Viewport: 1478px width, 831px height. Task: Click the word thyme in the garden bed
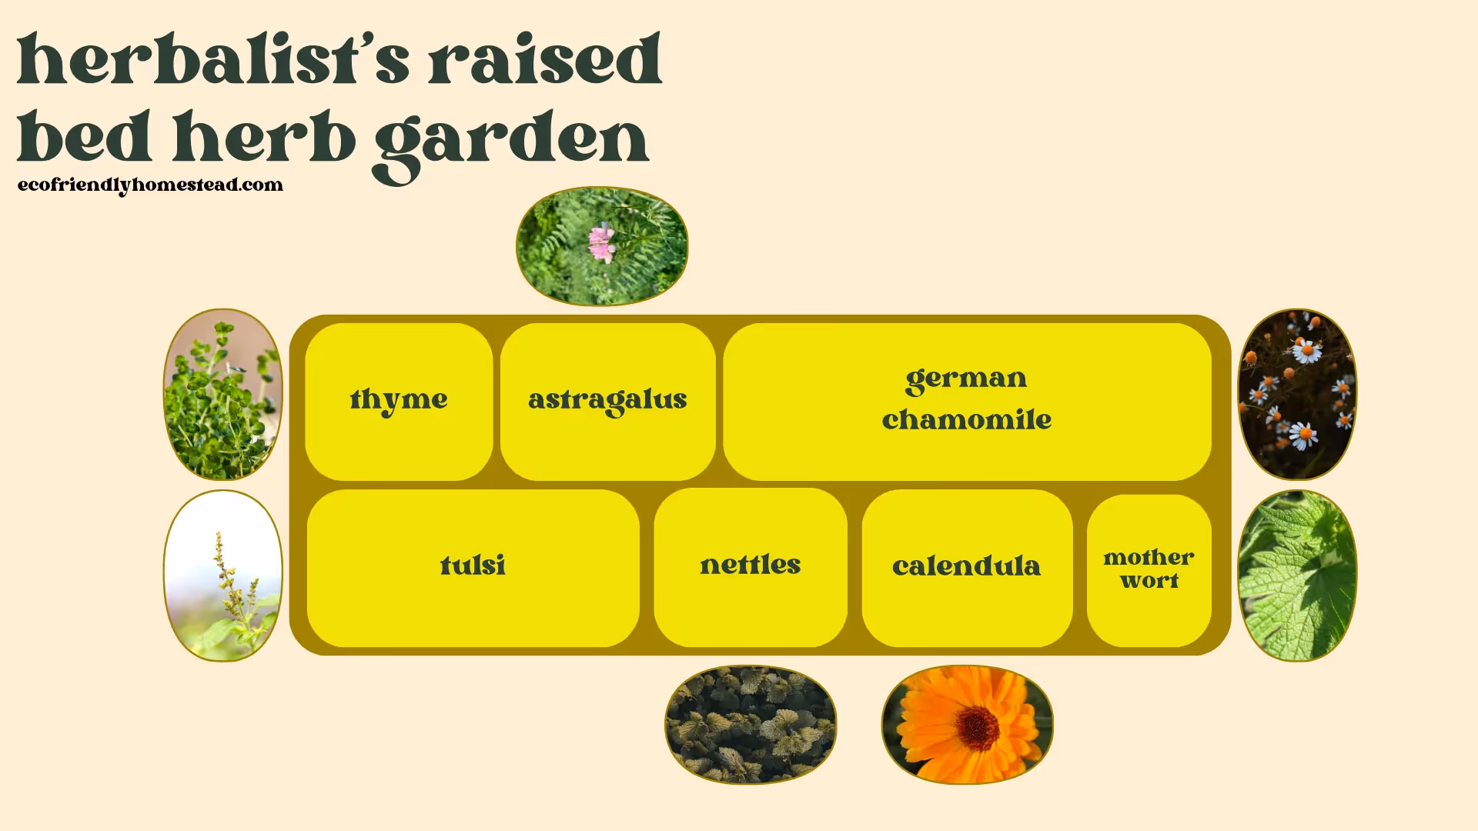[x=398, y=400]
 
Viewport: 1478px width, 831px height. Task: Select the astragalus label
[x=607, y=400]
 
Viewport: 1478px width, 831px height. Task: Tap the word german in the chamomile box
[x=966, y=379]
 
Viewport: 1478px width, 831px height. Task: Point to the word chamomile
[x=967, y=420]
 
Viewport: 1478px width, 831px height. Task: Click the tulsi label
[x=473, y=566]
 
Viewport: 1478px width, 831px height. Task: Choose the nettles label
[x=751, y=566]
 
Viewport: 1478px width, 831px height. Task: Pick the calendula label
[x=966, y=567]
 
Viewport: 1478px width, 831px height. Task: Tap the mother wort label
[x=1149, y=569]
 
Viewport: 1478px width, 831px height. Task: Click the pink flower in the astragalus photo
[x=601, y=243]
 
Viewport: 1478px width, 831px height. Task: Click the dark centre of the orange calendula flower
[x=978, y=727]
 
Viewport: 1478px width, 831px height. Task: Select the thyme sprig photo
[x=222, y=394]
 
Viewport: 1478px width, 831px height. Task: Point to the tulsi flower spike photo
[x=222, y=576]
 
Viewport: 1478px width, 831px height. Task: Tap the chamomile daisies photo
[x=1297, y=394]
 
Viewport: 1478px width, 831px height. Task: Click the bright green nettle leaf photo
[x=1297, y=576]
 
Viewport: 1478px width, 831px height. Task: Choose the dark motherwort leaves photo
[x=751, y=725]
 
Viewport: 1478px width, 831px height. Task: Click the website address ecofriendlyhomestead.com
[x=150, y=185]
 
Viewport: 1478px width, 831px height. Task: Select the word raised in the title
[x=545, y=60]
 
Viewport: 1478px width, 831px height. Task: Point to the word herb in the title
[x=264, y=138]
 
